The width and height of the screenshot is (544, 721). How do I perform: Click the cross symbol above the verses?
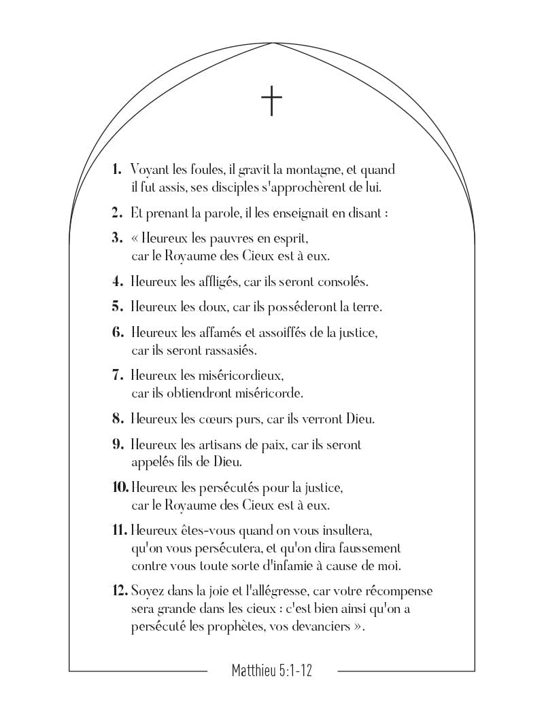pos(271,101)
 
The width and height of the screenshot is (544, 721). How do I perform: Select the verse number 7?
pos(117,375)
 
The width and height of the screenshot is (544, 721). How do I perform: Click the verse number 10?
pos(120,488)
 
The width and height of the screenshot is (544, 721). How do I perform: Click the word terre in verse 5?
pos(367,307)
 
